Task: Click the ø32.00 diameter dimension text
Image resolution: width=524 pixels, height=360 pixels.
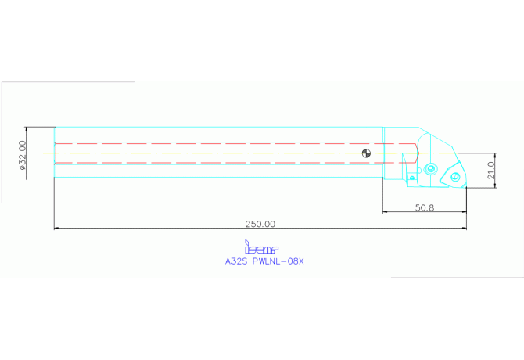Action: (x=23, y=154)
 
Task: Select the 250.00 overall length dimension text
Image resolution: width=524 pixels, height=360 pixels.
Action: (x=260, y=223)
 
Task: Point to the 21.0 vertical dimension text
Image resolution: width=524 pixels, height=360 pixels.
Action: (x=490, y=170)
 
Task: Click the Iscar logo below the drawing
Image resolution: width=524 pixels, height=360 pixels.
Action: (x=261, y=247)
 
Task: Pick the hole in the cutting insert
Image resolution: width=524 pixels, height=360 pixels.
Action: (x=452, y=177)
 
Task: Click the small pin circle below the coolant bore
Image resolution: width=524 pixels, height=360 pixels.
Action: (x=411, y=178)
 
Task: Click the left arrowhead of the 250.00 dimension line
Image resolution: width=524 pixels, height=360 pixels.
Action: (x=56, y=229)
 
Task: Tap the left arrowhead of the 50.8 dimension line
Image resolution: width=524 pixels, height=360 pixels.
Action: (x=384, y=212)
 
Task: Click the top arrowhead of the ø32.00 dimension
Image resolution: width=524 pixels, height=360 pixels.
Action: (x=27, y=128)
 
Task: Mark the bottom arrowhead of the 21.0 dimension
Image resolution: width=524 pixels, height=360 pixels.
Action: (x=494, y=185)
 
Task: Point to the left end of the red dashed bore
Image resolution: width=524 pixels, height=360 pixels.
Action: (x=56, y=153)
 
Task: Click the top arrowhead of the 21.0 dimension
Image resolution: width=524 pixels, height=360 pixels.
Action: (x=494, y=154)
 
